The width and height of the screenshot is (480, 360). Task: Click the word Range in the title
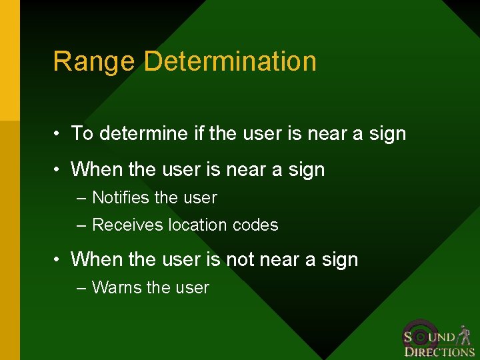[x=95, y=61]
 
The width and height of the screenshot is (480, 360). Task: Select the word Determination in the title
[x=230, y=61]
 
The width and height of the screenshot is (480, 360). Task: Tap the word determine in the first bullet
[x=144, y=133]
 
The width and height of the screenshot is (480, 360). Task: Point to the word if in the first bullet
[x=198, y=133]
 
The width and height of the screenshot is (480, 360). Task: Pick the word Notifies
[x=121, y=198]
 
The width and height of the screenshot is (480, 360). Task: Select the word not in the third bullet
[x=240, y=259]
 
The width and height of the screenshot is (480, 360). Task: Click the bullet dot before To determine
[x=59, y=134]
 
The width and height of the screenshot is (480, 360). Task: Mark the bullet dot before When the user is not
[x=59, y=260]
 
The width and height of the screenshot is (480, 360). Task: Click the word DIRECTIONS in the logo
[x=439, y=351]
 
